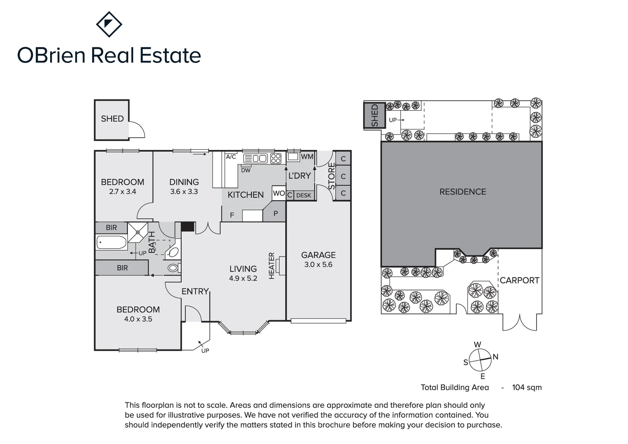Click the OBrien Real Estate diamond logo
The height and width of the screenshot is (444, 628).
[x=109, y=24]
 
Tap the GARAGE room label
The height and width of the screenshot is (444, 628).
[x=318, y=255]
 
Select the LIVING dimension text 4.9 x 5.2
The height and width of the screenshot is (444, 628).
[x=243, y=278]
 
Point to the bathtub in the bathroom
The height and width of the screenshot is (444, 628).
[x=111, y=242]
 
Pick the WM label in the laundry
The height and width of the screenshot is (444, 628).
[x=307, y=157]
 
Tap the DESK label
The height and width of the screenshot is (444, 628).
[x=304, y=195]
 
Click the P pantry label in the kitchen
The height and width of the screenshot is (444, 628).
[x=275, y=214]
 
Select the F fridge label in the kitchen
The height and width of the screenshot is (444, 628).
[x=232, y=215]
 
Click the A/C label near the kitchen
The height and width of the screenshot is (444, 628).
[x=231, y=157]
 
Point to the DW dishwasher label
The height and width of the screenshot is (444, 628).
[x=246, y=170]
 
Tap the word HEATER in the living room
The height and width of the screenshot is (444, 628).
[x=271, y=266]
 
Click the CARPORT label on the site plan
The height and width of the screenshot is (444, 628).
[x=519, y=280]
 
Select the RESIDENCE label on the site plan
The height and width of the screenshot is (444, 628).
[x=462, y=192]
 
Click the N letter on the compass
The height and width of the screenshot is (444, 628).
[x=495, y=357]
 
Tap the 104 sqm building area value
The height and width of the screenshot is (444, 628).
[x=526, y=387]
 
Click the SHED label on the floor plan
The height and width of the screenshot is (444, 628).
[x=112, y=119]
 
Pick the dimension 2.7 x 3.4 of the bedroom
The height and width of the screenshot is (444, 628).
[x=122, y=192]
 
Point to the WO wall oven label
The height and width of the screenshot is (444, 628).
[x=279, y=193]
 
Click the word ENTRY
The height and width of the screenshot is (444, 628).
[x=195, y=291]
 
